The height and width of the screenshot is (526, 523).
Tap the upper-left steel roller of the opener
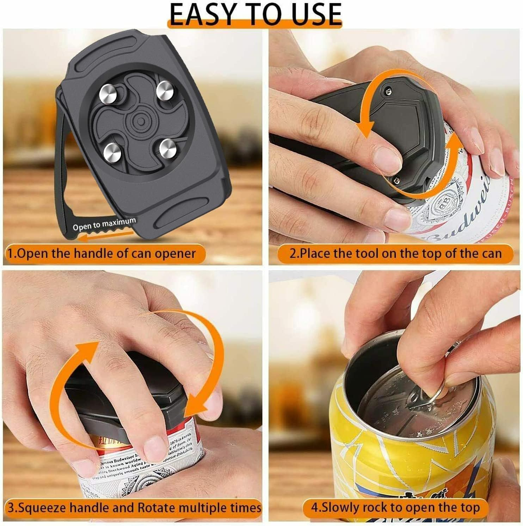(107, 92)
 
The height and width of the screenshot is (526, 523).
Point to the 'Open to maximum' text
(104, 224)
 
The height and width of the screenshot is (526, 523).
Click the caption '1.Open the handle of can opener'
(102, 253)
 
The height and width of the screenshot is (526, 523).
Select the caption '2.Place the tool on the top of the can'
(395, 253)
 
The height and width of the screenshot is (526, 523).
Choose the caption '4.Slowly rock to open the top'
(395, 508)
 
